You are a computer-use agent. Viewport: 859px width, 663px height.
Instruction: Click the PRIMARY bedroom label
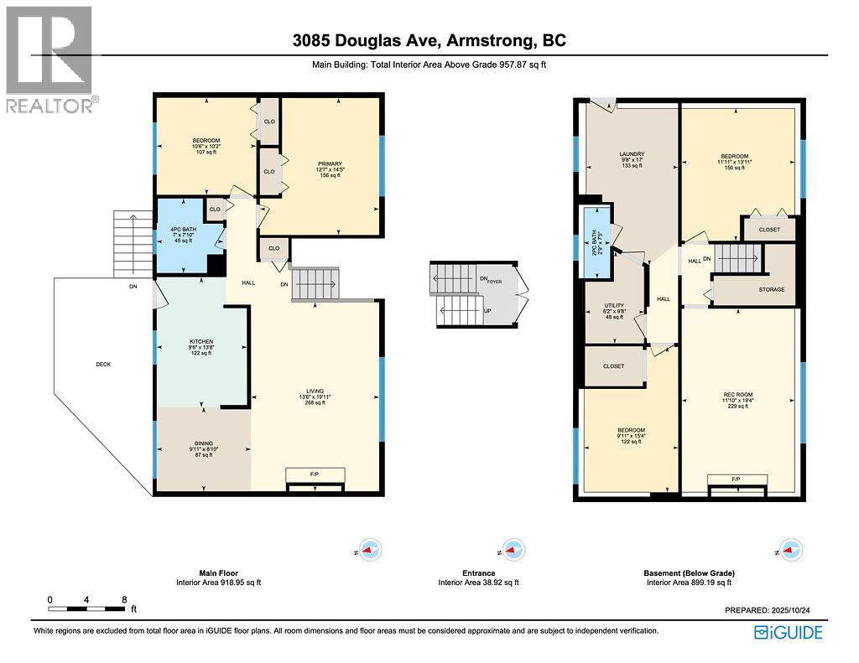tap(329, 164)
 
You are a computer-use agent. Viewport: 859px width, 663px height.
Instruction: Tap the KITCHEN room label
tap(201, 342)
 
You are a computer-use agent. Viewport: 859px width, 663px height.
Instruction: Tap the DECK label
tap(103, 364)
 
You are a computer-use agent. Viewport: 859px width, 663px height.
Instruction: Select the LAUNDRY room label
tap(631, 154)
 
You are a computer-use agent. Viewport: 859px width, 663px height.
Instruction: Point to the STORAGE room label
tap(771, 289)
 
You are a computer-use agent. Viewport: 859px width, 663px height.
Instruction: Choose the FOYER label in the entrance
tap(494, 282)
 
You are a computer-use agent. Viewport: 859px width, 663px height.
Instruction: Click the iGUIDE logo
tap(789, 632)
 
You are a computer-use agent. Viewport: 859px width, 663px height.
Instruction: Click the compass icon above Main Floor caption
tap(369, 550)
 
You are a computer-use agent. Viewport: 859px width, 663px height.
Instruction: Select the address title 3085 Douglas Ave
tap(429, 39)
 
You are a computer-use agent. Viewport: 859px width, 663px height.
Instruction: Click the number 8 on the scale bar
tap(124, 600)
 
